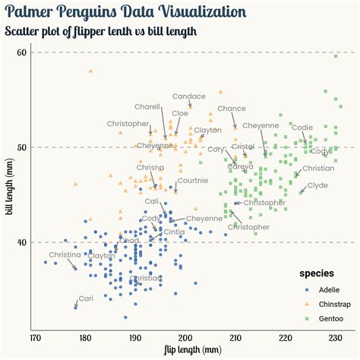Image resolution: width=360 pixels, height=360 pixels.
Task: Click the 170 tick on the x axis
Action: [35, 337]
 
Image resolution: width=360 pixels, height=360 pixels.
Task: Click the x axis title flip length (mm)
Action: [193, 350]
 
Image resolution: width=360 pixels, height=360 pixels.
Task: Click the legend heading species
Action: [317, 273]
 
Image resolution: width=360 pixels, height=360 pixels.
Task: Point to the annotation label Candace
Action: [188, 96]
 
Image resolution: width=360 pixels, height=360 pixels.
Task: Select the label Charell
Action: [147, 107]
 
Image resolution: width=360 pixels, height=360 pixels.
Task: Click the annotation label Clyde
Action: [317, 185]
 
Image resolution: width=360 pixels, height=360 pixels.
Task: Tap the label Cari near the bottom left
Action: [86, 298]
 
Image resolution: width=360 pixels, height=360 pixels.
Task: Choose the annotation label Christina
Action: [65, 254]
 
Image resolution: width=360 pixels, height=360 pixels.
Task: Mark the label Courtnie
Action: [193, 180]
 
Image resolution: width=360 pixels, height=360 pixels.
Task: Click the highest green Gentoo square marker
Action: [335, 56]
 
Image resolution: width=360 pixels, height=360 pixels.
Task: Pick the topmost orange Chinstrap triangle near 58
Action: [90, 71]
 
